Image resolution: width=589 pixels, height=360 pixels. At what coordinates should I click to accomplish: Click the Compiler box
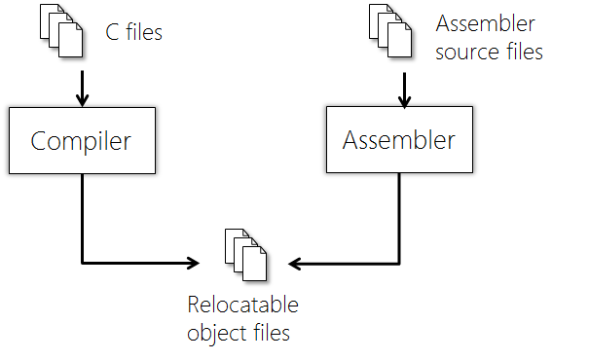tap(81, 141)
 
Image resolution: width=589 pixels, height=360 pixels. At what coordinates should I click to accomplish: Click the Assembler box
tap(398, 140)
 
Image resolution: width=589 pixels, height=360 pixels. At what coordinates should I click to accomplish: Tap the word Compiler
tap(81, 141)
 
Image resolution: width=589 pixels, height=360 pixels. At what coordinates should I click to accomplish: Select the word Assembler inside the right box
tap(398, 140)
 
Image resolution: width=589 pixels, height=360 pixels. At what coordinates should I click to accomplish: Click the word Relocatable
tap(243, 306)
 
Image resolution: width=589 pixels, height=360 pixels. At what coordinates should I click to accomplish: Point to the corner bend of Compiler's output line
tap(82, 263)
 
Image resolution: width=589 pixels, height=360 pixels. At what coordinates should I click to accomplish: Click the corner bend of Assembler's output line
tap(399, 263)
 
